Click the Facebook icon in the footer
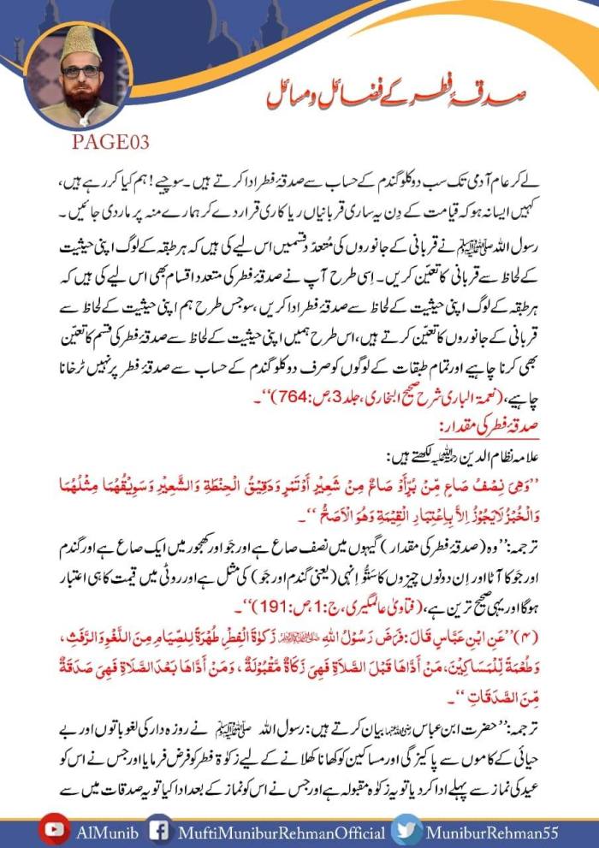point(157,829)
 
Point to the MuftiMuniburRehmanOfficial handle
point(276,829)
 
